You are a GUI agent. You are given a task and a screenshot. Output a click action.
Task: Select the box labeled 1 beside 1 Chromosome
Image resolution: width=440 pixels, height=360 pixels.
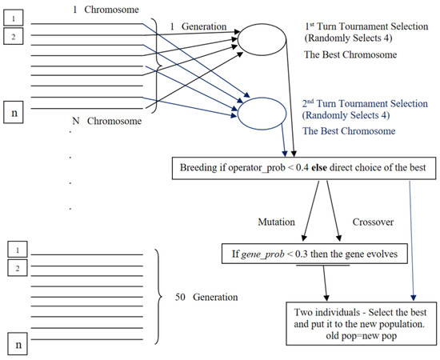17,16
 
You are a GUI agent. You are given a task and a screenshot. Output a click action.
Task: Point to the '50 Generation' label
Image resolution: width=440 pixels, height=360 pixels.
205,296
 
